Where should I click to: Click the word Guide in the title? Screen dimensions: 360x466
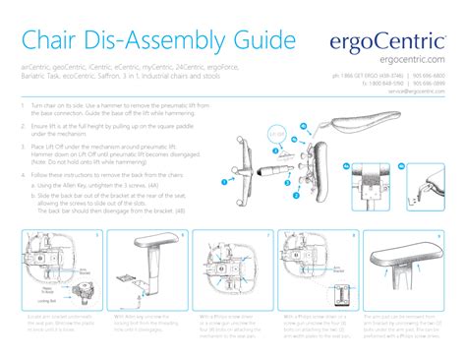click(x=258, y=40)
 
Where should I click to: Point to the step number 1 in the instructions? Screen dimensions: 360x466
click(x=22, y=103)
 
